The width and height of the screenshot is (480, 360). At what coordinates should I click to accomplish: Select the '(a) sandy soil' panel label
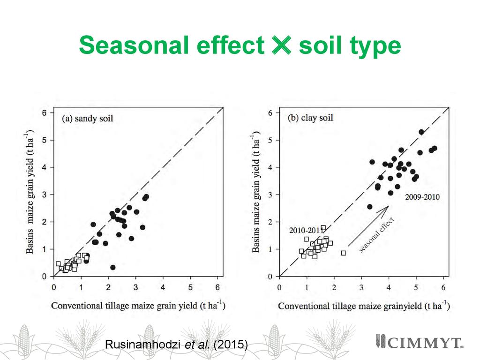(88, 118)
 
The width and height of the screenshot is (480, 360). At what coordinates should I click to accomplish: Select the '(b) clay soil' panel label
(310, 118)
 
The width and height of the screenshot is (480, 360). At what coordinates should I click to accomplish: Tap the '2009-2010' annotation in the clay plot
(422, 197)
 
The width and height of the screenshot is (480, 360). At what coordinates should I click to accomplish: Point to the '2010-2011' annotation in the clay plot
(305, 230)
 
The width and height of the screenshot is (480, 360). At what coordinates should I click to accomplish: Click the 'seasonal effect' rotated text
(377, 236)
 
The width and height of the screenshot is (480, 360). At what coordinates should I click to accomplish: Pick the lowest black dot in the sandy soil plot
(112, 267)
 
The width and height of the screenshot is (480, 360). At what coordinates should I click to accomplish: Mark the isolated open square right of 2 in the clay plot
(343, 253)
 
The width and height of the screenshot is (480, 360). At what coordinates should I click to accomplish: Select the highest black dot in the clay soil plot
(421, 132)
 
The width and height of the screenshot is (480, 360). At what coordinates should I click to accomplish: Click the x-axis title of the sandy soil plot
(138, 306)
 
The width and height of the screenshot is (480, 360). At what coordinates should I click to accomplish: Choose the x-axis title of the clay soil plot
(364, 306)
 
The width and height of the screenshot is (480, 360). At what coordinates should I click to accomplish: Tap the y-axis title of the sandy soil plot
(31, 194)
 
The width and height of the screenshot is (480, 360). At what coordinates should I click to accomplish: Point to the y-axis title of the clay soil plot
(256, 194)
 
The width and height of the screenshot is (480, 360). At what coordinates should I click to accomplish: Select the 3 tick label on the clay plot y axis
(271, 195)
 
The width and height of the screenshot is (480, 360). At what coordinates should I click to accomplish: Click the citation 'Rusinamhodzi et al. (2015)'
(176, 345)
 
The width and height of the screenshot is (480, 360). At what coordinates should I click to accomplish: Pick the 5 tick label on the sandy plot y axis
(45, 140)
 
